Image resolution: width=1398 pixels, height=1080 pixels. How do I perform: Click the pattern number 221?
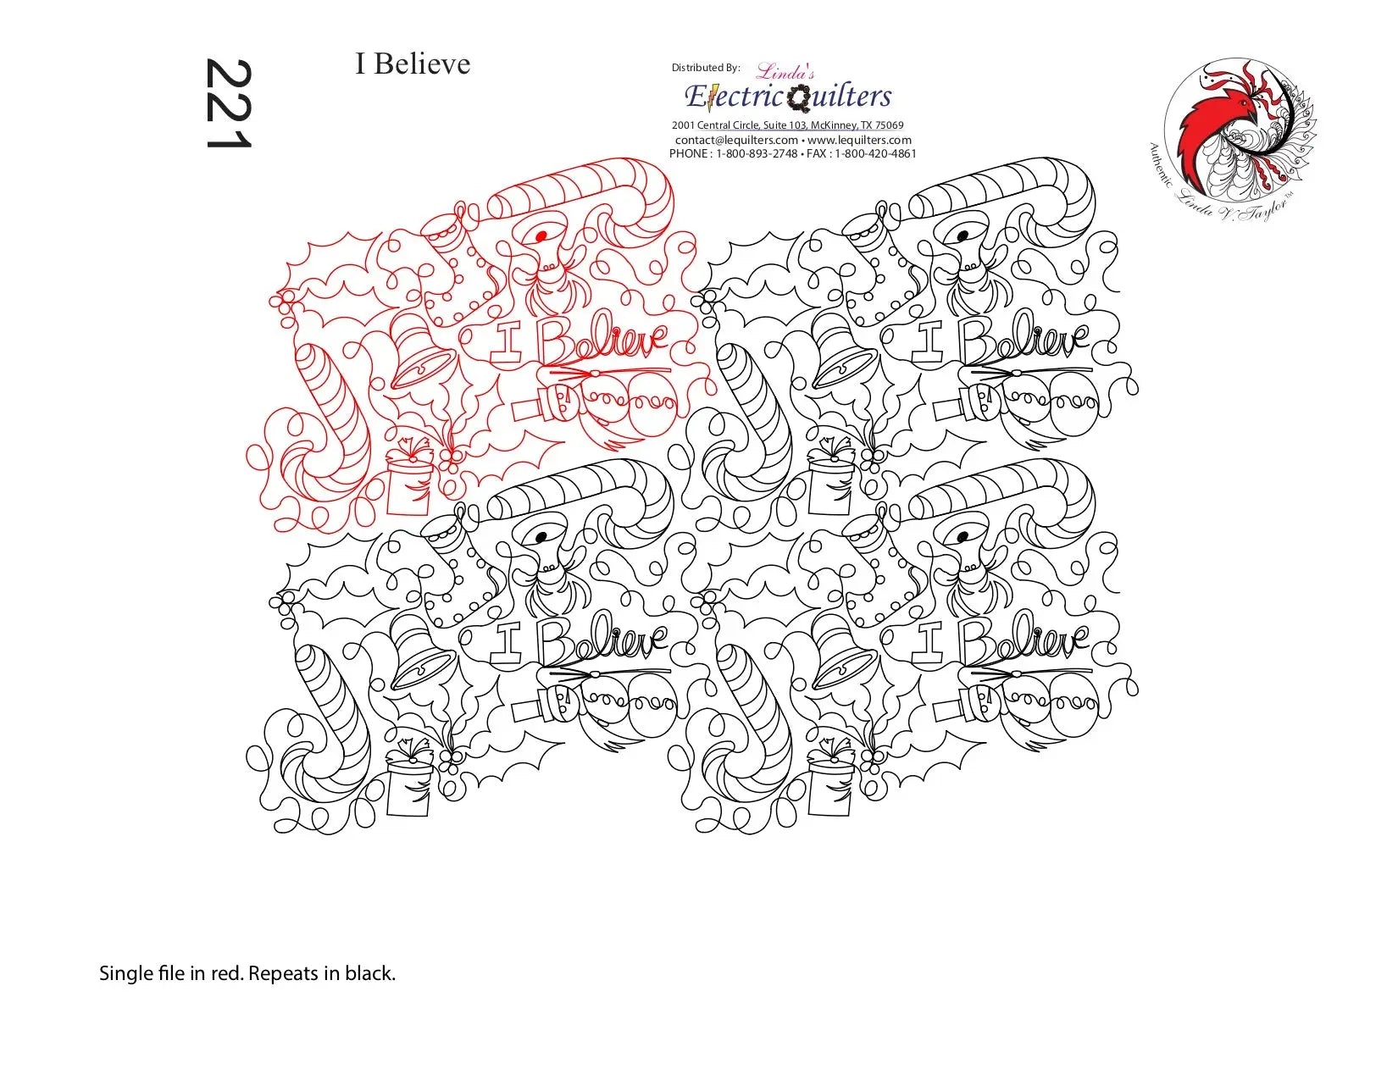[x=227, y=104]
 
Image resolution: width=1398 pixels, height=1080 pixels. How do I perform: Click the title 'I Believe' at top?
[x=413, y=64]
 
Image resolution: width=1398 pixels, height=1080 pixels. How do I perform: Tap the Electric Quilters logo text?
[x=788, y=97]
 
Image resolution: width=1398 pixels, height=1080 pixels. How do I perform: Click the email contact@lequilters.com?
[x=736, y=140]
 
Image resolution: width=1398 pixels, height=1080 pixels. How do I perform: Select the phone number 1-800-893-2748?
[x=757, y=153]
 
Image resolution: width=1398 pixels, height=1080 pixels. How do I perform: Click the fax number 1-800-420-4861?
[x=875, y=153]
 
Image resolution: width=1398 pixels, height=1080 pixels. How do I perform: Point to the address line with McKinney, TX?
[x=788, y=125]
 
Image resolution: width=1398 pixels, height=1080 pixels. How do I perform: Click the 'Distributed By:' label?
[x=706, y=68]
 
